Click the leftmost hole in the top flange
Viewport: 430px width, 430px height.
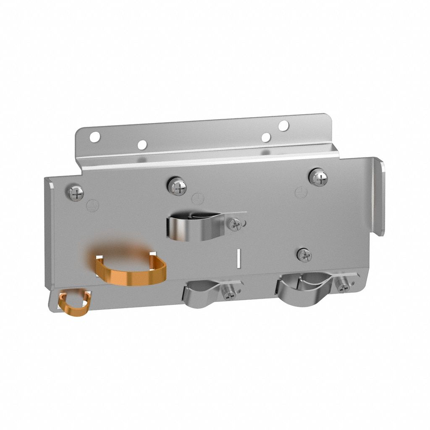95,136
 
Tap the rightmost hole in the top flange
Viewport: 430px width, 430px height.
283,125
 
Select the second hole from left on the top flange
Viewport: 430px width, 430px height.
142,145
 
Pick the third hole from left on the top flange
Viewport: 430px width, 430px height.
266,137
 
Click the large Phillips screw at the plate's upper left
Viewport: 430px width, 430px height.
76,193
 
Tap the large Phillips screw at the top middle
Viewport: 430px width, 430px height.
178,186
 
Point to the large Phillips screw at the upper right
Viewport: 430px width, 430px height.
319,177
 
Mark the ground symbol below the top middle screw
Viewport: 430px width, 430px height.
196,198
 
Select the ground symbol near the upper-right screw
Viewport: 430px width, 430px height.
301,192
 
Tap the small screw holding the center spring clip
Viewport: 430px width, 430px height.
235,225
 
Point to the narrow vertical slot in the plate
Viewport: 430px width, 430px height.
238,257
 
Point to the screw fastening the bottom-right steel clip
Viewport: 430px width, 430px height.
343,286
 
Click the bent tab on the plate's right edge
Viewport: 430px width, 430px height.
378,197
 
